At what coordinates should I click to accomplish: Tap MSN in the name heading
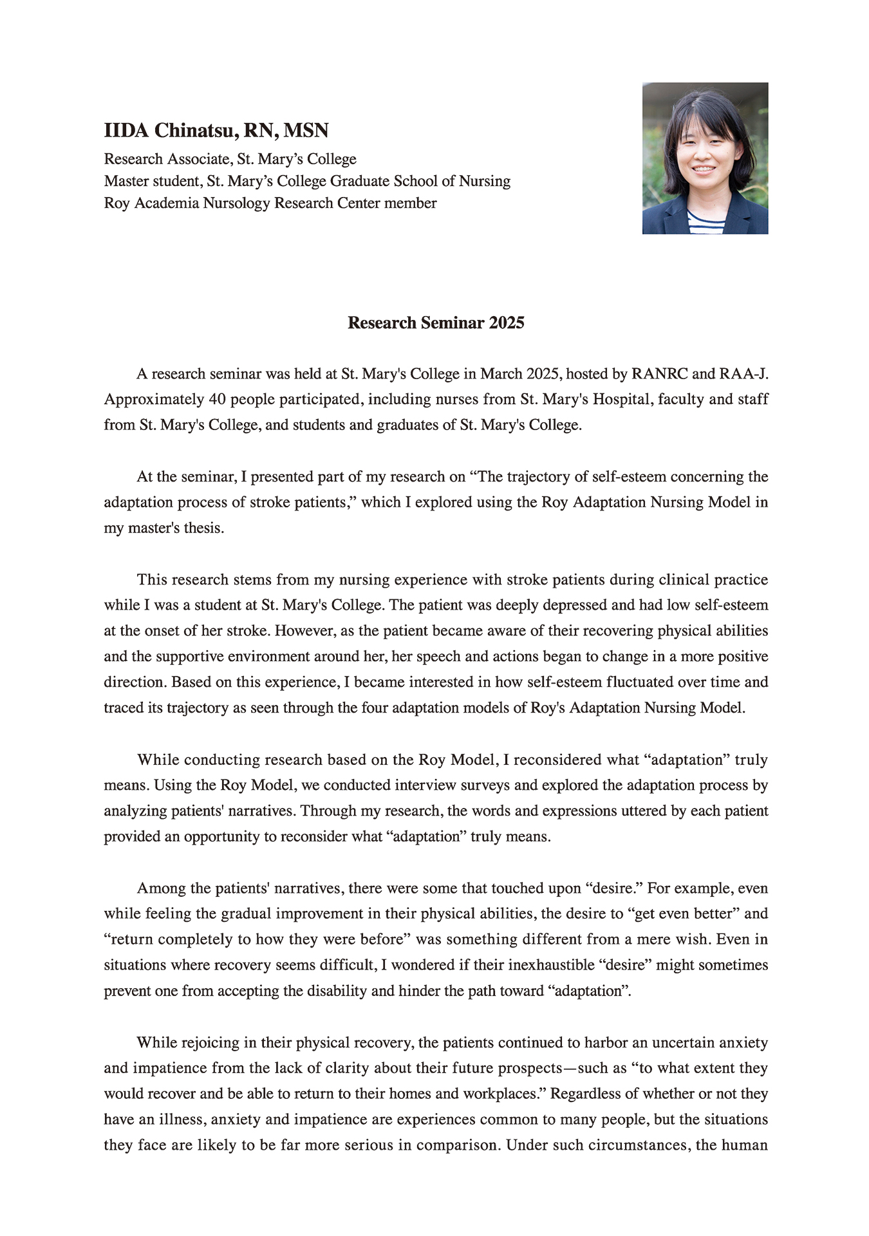pos(306,131)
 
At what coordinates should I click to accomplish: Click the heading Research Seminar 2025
pos(436,323)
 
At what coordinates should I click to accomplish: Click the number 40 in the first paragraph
pos(217,400)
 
